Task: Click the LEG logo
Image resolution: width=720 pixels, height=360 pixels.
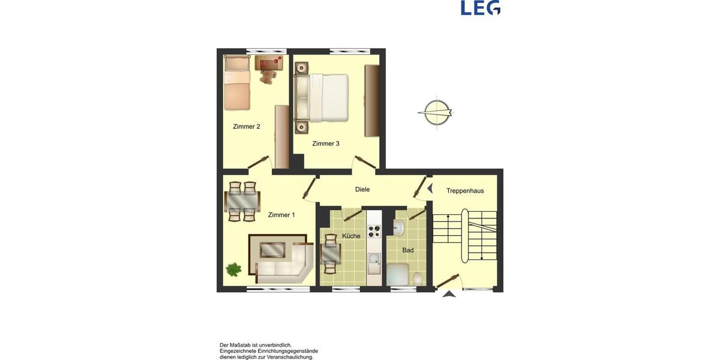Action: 480,7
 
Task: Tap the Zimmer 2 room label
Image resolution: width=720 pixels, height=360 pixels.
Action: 246,127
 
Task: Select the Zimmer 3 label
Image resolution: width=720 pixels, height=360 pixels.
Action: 326,143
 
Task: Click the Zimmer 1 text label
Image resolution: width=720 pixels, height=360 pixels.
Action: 281,215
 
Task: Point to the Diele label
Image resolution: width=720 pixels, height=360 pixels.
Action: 362,190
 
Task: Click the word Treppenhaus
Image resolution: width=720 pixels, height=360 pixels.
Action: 465,191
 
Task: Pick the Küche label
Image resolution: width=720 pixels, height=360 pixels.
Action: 351,236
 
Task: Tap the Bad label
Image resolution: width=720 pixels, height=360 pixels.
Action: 408,250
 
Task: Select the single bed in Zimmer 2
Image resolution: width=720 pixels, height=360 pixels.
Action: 236,83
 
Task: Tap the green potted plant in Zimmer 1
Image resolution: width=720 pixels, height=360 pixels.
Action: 233,269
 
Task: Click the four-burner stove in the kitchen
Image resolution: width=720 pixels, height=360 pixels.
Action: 374,232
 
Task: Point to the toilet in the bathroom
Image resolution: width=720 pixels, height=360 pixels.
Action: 418,278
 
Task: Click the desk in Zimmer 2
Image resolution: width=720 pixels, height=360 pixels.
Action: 268,62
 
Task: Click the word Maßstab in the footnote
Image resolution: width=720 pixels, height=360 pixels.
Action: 239,345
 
